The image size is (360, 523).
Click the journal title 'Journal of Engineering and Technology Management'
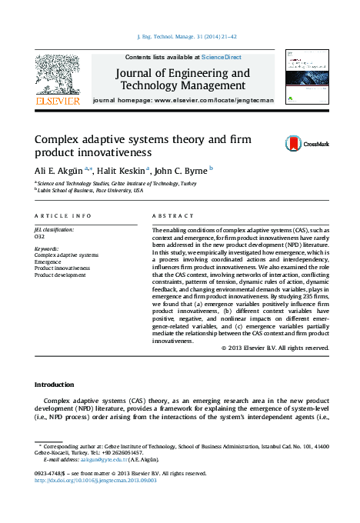[182, 80]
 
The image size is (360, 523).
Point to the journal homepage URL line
[182, 102]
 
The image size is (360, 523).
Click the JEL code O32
[40, 236]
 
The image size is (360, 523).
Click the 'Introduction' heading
[55, 384]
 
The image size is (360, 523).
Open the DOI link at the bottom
[96, 480]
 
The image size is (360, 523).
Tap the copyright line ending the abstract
[275, 348]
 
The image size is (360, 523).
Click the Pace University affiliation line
[89, 191]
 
